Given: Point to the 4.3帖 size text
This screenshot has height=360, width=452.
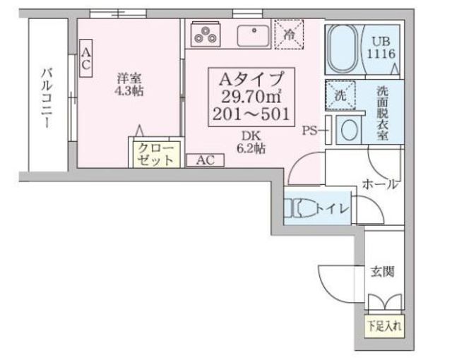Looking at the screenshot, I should pyautogui.click(x=129, y=92).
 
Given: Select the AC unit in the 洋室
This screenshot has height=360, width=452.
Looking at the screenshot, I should pyautogui.click(x=85, y=59).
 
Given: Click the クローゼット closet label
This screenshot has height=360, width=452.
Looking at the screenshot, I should pyautogui.click(x=155, y=154).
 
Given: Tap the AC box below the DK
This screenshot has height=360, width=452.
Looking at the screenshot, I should pyautogui.click(x=205, y=160).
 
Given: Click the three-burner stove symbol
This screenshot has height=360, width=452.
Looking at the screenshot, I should pyautogui.click(x=206, y=33).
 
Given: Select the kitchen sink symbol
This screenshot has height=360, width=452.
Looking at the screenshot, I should pyautogui.click(x=251, y=34).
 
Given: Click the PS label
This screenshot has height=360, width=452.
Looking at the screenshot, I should pyautogui.click(x=310, y=130).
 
